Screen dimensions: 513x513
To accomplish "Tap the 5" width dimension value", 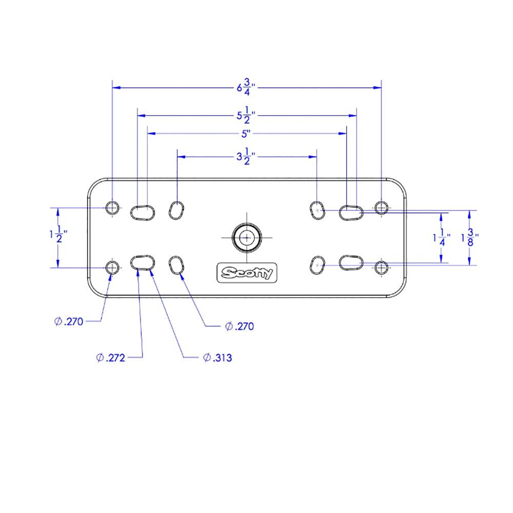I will (246, 133).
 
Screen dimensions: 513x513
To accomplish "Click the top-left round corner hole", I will (112, 208).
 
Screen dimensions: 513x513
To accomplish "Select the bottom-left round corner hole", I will (112, 267).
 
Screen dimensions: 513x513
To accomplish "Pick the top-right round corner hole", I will (381, 208).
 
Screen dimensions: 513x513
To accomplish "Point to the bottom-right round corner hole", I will (381, 267).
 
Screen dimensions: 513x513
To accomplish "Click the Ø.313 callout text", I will (218, 358).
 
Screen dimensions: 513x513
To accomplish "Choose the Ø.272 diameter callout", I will (111, 358).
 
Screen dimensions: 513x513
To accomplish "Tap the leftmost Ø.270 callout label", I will (69, 322).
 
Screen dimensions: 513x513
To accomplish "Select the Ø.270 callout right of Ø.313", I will (240, 326).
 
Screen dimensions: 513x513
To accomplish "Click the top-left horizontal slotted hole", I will (142, 210).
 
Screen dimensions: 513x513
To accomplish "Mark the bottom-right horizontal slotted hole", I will (351, 262).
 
